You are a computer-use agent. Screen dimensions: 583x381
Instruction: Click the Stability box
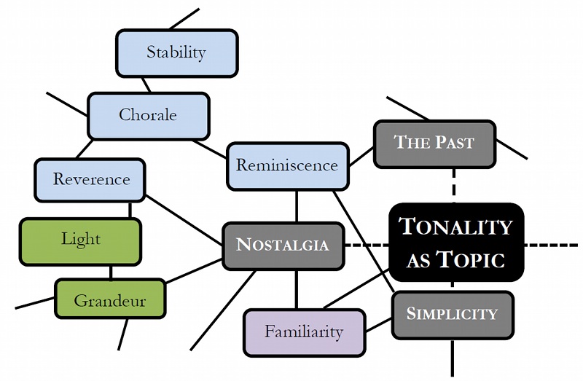coord(177,53)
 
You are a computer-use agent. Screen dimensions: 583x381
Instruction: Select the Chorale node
coord(149,116)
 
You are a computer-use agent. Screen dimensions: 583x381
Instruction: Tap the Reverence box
coord(90,180)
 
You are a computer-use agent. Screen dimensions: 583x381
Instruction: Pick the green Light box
coord(80,242)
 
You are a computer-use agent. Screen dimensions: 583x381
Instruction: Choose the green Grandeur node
coord(110,299)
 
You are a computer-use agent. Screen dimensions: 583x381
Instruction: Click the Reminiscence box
coord(288,166)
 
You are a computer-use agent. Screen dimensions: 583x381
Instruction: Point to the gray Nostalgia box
coord(283,246)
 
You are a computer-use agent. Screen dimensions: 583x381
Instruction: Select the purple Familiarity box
coord(305,333)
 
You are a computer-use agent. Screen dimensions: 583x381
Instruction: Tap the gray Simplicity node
coord(453,315)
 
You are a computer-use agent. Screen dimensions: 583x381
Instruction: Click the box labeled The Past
coord(434,144)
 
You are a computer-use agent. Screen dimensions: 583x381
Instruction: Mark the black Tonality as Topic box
coord(456,242)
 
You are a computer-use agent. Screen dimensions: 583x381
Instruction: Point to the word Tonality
coord(456,227)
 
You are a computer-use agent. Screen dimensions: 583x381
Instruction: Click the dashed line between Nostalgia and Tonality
coord(367,246)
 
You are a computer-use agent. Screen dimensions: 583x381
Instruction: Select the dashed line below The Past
coord(454,186)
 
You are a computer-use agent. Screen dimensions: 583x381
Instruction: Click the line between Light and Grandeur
coord(111,272)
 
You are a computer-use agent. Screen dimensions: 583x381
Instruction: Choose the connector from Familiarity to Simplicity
coord(379,325)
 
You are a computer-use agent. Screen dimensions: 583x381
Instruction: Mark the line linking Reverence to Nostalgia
coord(184,220)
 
